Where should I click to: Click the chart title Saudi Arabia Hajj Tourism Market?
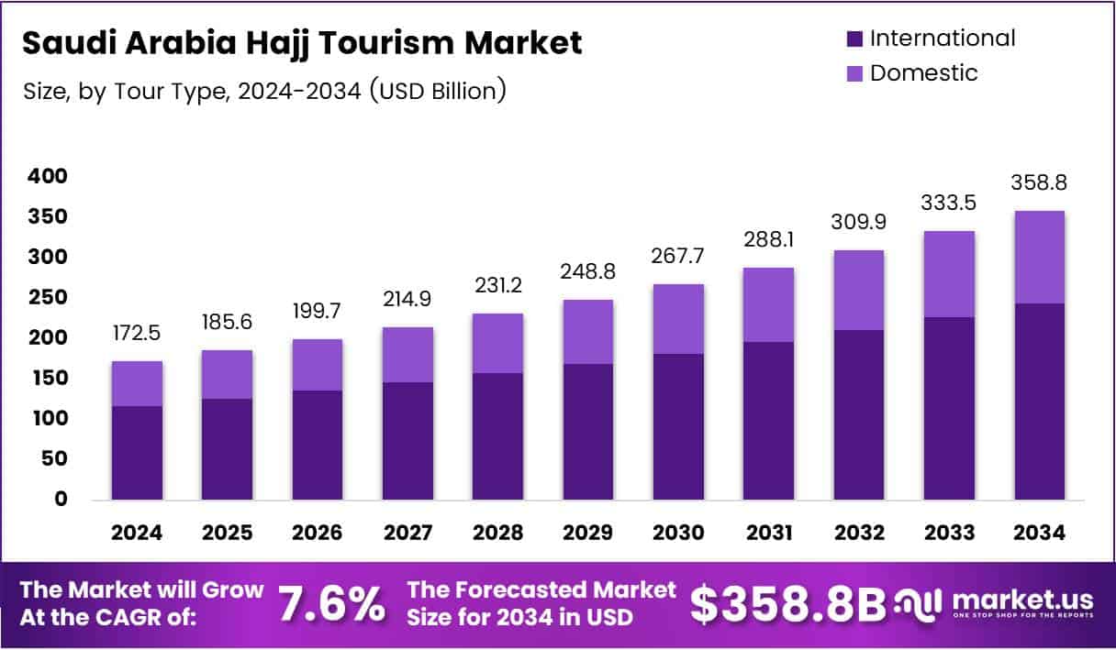tap(302, 43)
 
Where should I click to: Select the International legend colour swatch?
tap(854, 39)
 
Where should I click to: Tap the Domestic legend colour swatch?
tap(854, 73)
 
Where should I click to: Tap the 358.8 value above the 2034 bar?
tap(1040, 183)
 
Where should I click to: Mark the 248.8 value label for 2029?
tap(588, 272)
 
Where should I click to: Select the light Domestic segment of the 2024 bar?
tap(137, 383)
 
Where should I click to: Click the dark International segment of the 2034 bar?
tap(1040, 402)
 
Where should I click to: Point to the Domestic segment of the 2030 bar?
tap(678, 319)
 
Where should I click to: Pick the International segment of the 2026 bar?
tap(318, 445)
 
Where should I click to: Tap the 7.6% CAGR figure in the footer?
tap(331, 604)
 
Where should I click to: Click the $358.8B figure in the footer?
tap(788, 604)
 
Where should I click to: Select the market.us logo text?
tap(1022, 600)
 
